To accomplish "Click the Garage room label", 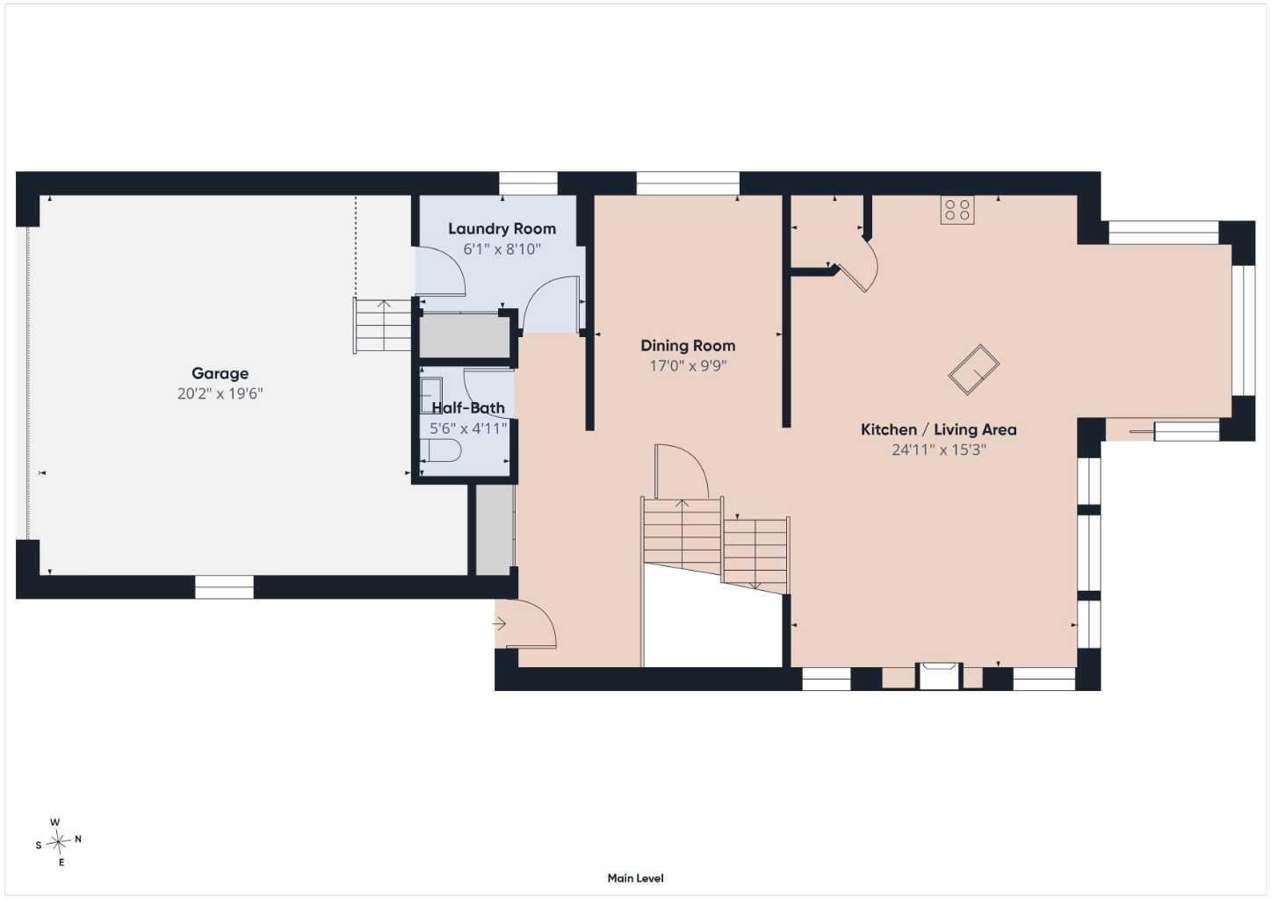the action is pos(220,373).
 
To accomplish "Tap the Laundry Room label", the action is pos(502,228).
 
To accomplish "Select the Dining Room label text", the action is pos(688,345).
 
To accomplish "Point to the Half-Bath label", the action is pos(468,408).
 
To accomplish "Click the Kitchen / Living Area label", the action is pos(938,429).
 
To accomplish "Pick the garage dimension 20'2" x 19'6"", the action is pos(220,393).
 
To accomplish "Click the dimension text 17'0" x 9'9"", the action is pos(688,365).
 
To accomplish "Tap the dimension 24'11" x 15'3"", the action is pos(938,449).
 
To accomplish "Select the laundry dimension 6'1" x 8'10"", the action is pos(502,249).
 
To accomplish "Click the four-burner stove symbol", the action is pos(957,210).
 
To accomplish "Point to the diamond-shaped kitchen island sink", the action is pos(974,370).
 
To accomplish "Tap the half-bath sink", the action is pos(430,396).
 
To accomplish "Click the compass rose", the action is pos(58,842).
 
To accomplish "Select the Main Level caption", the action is pos(636,879).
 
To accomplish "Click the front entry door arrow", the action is pos(499,624).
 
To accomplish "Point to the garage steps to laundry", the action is pos(382,326).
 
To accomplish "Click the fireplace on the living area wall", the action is pos(940,675).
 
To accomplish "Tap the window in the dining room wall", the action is pos(688,183).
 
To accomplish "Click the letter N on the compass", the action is pos(78,839).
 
